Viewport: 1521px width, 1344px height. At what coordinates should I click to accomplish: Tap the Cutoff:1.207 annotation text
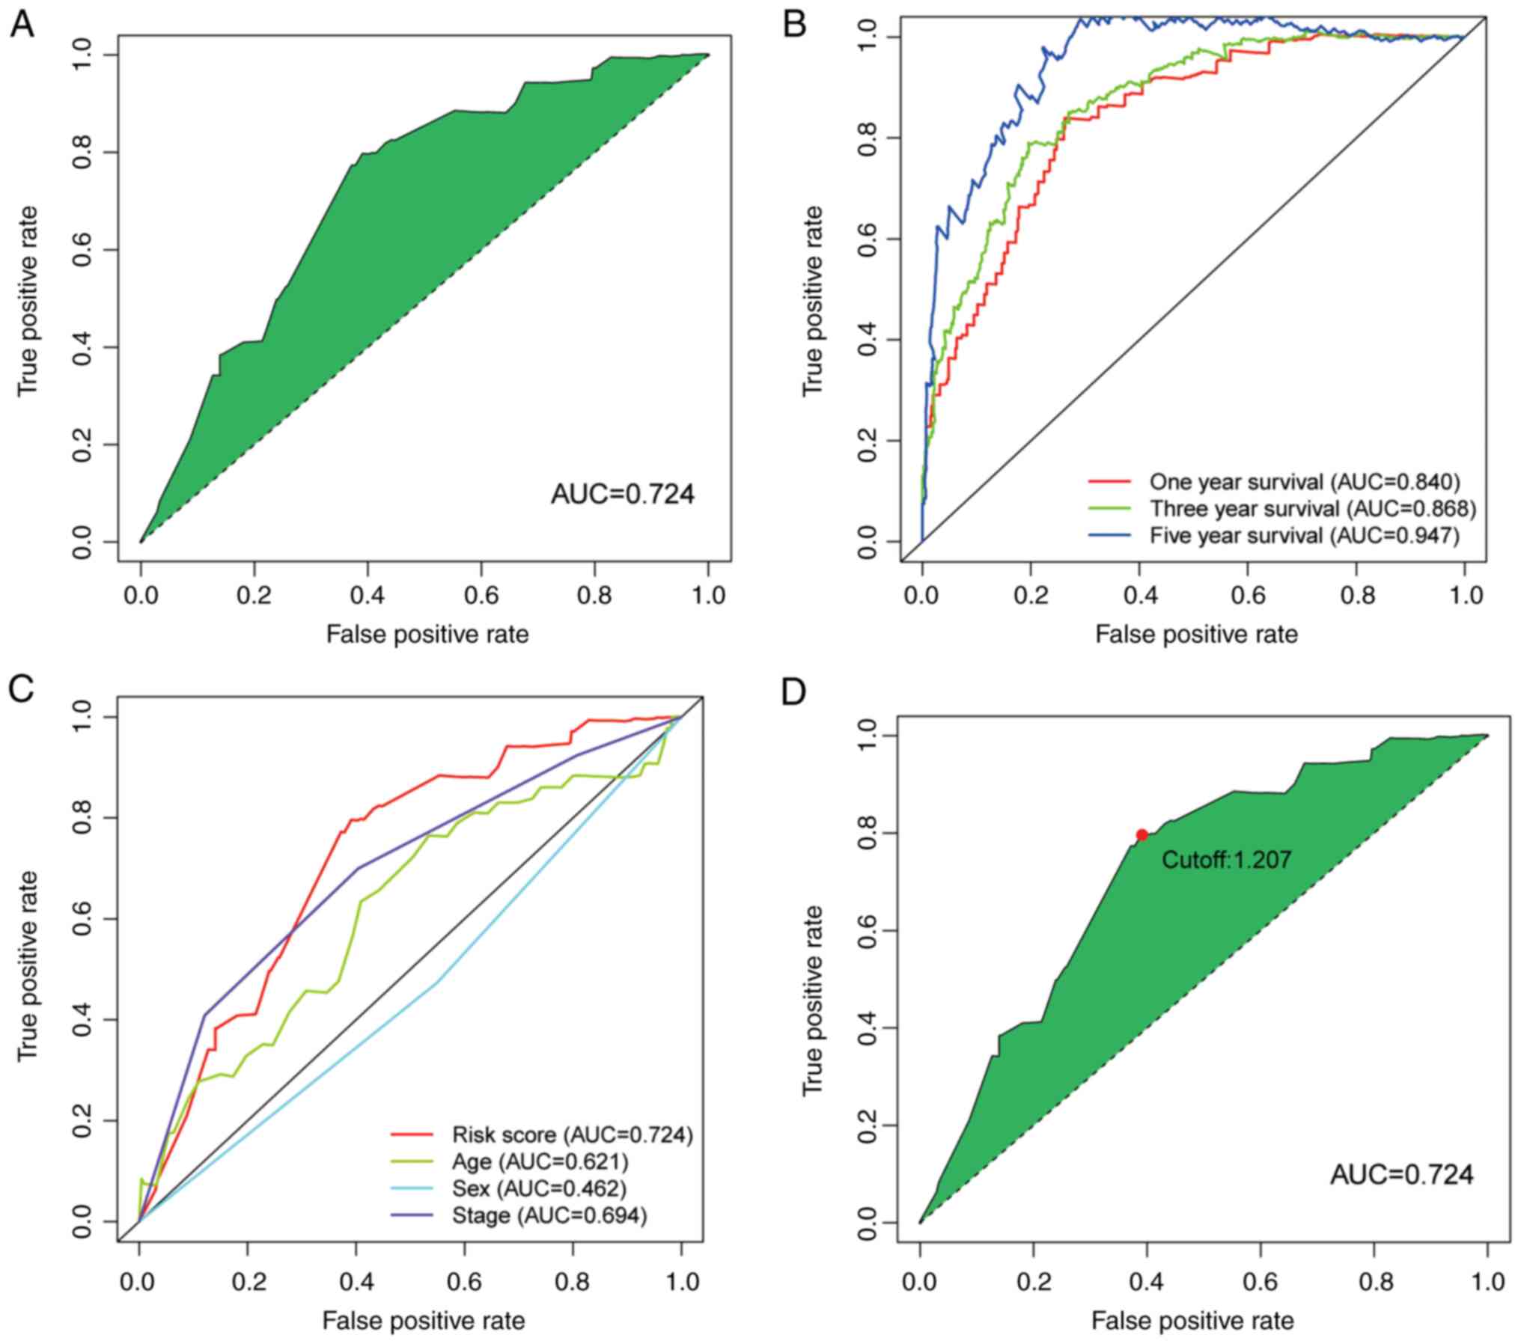1226,860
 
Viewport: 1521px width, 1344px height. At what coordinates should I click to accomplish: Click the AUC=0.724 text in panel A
622,495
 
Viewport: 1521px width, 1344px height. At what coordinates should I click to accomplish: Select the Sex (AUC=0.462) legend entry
539,1188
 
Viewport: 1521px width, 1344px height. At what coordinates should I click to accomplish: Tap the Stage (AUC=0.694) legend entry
549,1216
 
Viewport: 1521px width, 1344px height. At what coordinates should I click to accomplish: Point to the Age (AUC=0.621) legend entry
540,1161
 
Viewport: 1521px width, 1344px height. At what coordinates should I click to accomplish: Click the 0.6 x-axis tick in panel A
482,596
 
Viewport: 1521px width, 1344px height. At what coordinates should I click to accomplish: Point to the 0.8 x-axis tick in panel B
1358,596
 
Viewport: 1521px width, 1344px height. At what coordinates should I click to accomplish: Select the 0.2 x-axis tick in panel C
248,1282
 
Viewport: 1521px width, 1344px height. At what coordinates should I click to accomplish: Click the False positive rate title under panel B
1196,635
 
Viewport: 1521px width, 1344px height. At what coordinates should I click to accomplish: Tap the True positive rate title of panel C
28,965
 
